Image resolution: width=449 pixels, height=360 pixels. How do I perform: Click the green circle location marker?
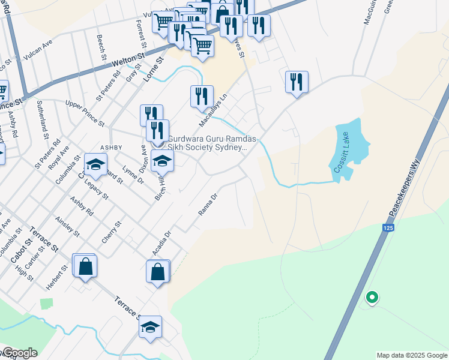[x=372, y=297]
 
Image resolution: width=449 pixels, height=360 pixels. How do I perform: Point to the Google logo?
[x=19, y=353]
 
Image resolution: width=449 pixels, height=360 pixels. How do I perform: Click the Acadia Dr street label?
[x=162, y=244]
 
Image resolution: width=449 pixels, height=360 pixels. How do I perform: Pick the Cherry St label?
[x=112, y=232]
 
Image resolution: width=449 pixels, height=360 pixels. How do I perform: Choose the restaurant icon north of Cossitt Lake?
[x=297, y=82]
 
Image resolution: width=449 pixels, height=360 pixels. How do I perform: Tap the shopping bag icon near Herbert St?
[x=85, y=266]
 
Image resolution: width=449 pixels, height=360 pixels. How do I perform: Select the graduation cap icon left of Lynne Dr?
[x=95, y=163]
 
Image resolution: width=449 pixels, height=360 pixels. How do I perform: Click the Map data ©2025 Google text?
[x=412, y=355]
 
